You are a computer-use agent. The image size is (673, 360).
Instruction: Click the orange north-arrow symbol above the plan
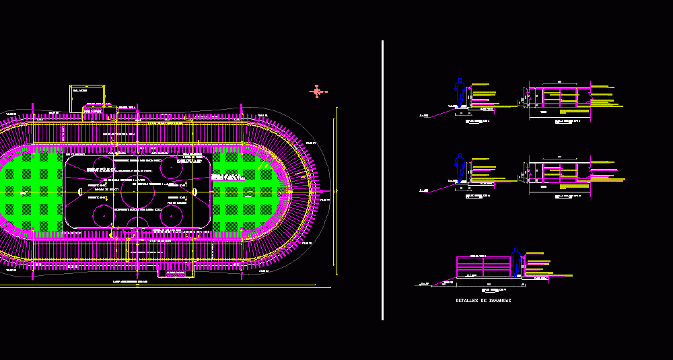(318, 92)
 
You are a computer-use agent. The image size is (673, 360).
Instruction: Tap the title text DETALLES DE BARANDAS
(483, 301)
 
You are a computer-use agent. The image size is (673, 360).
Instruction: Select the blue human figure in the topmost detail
(460, 92)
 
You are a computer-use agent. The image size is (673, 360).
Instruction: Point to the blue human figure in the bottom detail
(516, 262)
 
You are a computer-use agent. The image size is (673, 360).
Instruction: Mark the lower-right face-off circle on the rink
(174, 215)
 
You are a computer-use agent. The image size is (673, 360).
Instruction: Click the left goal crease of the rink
(81, 192)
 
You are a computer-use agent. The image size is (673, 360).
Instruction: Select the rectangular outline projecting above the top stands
(87, 96)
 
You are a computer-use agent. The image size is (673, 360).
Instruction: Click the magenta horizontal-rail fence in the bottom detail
(483, 267)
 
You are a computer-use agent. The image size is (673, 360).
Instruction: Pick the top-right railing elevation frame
(559, 98)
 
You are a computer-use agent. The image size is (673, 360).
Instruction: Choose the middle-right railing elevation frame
(559, 172)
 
